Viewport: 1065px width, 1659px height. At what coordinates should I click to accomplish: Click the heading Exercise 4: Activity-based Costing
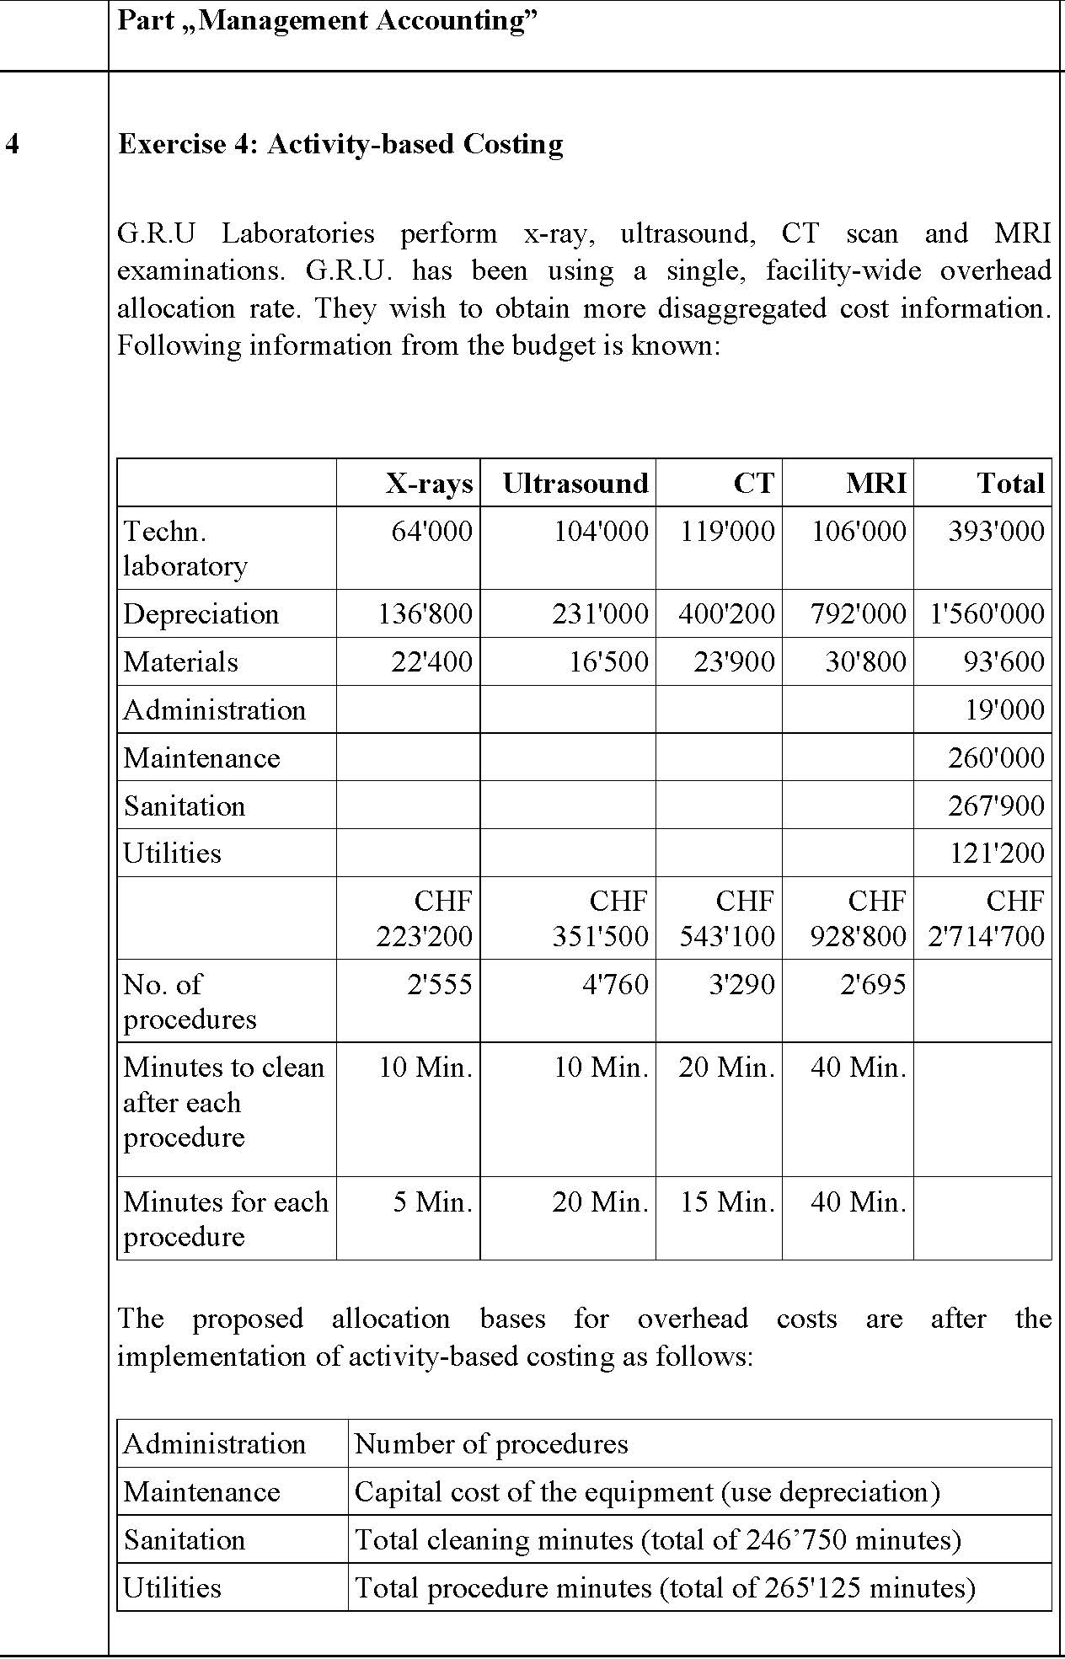pyautogui.click(x=340, y=145)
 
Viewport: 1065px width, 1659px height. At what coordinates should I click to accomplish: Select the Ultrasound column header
pyautogui.click(x=575, y=484)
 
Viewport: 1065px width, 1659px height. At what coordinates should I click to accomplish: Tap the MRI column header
pyautogui.click(x=876, y=484)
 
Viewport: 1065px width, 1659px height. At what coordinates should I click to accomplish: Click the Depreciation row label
pyautogui.click(x=201, y=614)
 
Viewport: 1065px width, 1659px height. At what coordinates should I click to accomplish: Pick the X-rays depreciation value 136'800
pyautogui.click(x=425, y=614)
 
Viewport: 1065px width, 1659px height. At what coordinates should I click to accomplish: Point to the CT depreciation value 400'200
pyautogui.click(x=726, y=614)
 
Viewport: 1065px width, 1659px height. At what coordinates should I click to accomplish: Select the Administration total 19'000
pyautogui.click(x=1004, y=710)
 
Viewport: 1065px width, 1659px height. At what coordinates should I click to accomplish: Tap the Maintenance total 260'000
pyautogui.click(x=996, y=758)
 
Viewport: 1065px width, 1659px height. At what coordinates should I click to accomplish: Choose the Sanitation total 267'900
pyautogui.click(x=996, y=806)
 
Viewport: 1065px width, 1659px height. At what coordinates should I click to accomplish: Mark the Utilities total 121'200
pyautogui.click(x=997, y=854)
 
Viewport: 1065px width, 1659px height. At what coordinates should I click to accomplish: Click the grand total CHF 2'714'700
pyautogui.click(x=986, y=919)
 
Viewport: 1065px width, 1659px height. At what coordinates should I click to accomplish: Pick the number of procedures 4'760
pyautogui.click(x=615, y=985)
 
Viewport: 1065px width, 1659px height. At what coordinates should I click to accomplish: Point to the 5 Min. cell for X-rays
pyautogui.click(x=432, y=1202)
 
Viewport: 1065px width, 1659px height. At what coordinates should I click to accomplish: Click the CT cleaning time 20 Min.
pyautogui.click(x=726, y=1068)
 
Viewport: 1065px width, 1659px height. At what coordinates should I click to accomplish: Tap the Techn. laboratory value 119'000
pyautogui.click(x=727, y=532)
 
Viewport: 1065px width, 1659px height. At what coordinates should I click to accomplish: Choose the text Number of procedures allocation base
pyautogui.click(x=491, y=1444)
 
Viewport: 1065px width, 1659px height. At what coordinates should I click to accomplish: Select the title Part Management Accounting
pyautogui.click(x=327, y=21)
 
